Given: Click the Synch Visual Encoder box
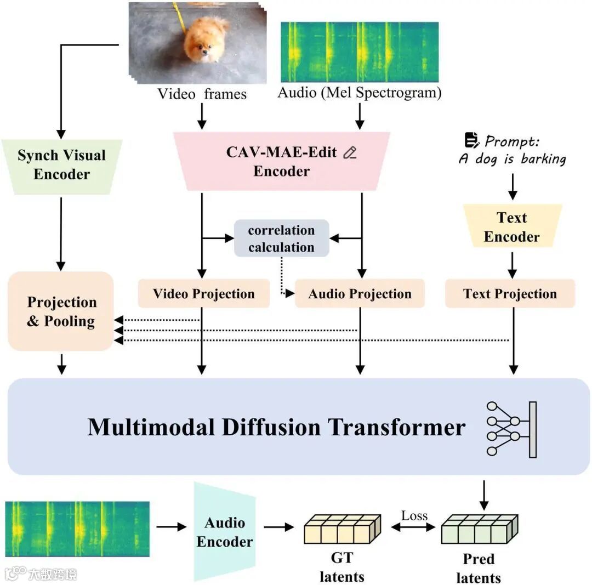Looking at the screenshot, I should [61, 165].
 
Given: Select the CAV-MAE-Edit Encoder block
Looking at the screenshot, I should [282, 161].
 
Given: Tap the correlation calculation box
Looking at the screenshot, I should [281, 238].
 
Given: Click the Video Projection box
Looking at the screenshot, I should [203, 294].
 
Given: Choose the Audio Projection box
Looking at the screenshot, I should [360, 294].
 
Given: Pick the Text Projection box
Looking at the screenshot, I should [510, 294].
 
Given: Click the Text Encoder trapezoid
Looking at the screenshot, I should [512, 227].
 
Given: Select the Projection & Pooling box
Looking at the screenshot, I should [61, 311].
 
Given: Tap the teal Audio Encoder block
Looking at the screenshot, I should [225, 532].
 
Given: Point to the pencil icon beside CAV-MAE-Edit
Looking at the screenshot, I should [349, 153].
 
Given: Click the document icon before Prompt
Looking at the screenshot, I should [471, 141].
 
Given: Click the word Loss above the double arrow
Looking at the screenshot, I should [414, 515].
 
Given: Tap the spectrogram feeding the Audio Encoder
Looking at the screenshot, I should [77, 529].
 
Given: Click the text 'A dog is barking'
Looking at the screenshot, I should [512, 159].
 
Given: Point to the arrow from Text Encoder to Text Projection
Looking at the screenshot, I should [512, 264].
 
